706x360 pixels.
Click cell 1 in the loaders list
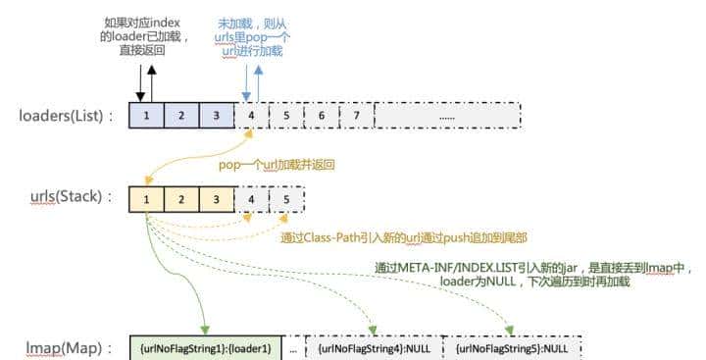click(x=146, y=116)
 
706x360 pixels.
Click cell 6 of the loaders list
click(x=321, y=116)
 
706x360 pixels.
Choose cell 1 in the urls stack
click(x=146, y=201)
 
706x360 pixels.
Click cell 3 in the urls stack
click(x=216, y=201)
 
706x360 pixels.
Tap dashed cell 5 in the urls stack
click(x=286, y=201)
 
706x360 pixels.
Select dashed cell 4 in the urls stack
click(x=251, y=201)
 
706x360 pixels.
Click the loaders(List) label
click(x=67, y=117)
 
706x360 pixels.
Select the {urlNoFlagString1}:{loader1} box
click(x=205, y=348)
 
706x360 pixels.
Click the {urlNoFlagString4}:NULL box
click(x=374, y=348)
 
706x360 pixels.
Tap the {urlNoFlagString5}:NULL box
click(x=512, y=348)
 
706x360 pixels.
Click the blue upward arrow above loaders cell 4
click(x=258, y=81)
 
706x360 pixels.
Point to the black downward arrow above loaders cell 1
click(x=139, y=81)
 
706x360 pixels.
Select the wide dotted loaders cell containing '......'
click(x=446, y=116)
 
